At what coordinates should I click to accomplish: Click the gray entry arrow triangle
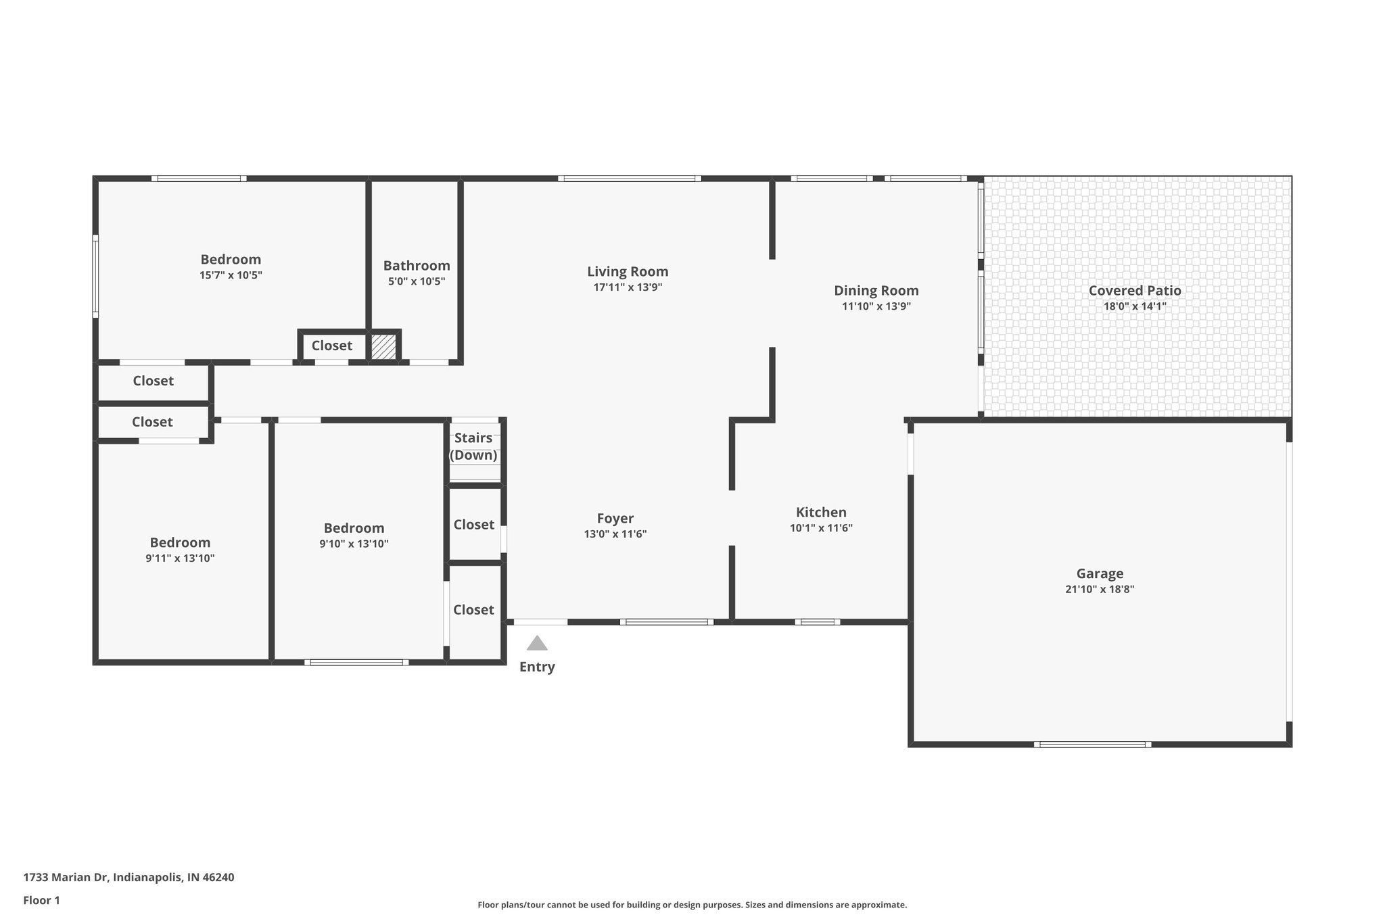click(537, 643)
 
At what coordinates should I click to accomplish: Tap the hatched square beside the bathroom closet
click(383, 347)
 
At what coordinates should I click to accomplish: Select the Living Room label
click(628, 272)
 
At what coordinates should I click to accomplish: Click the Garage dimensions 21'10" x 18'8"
click(1100, 589)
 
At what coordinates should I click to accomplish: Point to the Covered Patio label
click(1135, 291)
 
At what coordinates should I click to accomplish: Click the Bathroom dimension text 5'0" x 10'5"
click(417, 281)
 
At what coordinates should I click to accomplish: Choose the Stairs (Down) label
click(473, 446)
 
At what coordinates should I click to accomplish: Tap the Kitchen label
click(821, 513)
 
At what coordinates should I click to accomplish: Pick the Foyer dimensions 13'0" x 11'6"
click(615, 534)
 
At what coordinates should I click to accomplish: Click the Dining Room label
click(876, 291)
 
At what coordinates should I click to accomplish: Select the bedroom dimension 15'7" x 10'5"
click(231, 275)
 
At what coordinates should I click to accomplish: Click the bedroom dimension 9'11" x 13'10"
click(180, 559)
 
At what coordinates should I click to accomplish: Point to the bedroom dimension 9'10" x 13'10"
click(354, 544)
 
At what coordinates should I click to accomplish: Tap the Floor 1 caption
click(42, 901)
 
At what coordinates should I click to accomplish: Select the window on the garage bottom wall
click(1092, 744)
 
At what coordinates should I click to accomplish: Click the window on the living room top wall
click(629, 179)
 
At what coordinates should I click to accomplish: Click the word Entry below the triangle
click(537, 667)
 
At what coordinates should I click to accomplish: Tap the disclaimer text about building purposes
click(692, 905)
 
